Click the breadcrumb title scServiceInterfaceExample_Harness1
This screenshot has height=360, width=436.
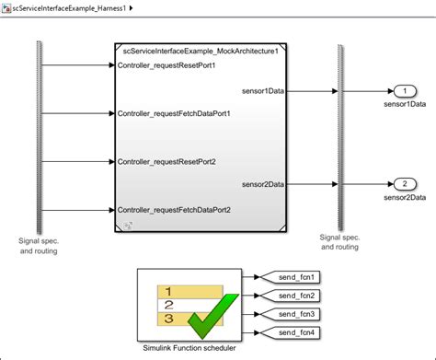click(70, 8)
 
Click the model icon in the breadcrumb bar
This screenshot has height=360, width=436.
click(7, 8)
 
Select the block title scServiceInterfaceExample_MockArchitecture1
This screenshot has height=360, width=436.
click(200, 52)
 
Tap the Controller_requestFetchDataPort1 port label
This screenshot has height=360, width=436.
click(174, 114)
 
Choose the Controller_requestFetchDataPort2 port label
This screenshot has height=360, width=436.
click(174, 210)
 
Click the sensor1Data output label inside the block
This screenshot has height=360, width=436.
click(262, 91)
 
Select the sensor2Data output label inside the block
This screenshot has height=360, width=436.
click(262, 184)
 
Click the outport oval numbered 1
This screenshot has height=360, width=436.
click(404, 91)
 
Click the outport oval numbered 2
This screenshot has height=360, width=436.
click(404, 185)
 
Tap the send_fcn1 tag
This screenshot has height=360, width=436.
click(295, 277)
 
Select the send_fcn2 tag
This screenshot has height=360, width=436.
click(295, 296)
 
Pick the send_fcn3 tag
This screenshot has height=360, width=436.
click(295, 314)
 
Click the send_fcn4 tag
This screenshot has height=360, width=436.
click(295, 332)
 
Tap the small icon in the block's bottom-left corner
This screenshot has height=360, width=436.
click(128, 225)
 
